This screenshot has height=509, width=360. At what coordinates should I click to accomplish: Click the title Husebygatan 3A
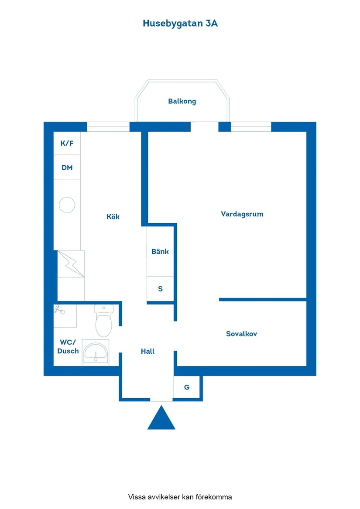[x=180, y=24]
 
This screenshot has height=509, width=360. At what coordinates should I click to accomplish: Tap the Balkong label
[x=182, y=101]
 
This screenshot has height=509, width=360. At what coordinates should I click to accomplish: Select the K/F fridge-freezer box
[x=67, y=143]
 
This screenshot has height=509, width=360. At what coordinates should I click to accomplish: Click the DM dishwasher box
[x=67, y=167]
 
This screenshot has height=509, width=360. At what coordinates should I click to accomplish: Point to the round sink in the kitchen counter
[x=67, y=205]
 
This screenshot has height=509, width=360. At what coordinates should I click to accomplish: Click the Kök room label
[x=113, y=216]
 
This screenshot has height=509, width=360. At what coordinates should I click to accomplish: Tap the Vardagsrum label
[x=242, y=214]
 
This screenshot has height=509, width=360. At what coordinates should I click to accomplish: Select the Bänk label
[x=160, y=251]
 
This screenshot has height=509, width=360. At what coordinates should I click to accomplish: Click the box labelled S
[x=160, y=289]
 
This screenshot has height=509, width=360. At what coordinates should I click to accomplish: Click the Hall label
[x=147, y=351]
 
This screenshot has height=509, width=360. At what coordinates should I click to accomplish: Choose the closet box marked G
[x=187, y=387]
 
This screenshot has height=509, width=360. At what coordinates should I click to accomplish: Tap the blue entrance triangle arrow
[x=161, y=418]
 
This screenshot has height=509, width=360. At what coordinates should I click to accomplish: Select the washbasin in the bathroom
[x=95, y=352]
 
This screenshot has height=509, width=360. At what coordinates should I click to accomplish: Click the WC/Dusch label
[x=68, y=347]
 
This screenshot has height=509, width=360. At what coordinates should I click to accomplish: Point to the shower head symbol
[x=60, y=310]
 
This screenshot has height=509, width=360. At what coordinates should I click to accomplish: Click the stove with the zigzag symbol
[x=71, y=264]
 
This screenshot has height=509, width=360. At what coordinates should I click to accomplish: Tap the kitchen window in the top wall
[x=108, y=127]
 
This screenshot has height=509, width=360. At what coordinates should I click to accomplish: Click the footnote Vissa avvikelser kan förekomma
[x=180, y=497]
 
